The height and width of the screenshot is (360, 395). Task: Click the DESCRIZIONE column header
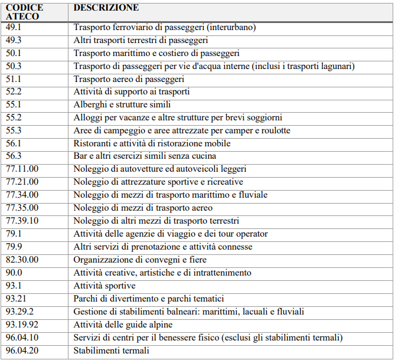106,8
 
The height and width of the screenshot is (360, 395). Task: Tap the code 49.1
14,27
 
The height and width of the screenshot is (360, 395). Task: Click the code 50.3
14,66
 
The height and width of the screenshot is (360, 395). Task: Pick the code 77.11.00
22,169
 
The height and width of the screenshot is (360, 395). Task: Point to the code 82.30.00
22,260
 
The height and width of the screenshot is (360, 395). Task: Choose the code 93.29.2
20,311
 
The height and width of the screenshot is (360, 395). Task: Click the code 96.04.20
22,350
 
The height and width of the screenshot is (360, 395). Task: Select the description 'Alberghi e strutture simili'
122,104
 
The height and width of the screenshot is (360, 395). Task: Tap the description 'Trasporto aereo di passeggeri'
129,78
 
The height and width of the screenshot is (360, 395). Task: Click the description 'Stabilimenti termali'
110,351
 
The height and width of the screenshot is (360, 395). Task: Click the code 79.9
14,247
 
